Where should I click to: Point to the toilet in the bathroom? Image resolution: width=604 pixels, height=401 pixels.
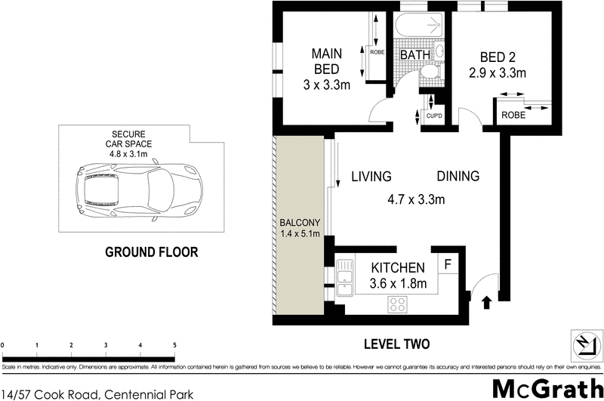pos(430,72)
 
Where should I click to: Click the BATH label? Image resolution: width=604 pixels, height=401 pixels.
pos(414,55)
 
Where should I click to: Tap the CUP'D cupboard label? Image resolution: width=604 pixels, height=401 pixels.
pos(433,116)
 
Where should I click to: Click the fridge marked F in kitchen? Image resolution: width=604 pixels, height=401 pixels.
pos(448,264)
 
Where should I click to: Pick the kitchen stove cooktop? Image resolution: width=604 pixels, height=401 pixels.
pos(399,304)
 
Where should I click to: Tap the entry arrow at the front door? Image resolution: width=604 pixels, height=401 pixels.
pos(486,302)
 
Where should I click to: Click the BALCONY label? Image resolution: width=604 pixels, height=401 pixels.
pos(300,223)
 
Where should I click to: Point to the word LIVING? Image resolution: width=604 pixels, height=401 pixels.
pos(371,177)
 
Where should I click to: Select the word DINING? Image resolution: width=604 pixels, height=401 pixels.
pos(458,177)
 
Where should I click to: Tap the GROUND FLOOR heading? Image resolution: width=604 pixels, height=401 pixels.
pos(151,252)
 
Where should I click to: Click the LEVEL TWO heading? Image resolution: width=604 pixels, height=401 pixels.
pos(396,344)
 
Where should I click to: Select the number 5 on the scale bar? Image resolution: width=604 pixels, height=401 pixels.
pos(175,345)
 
